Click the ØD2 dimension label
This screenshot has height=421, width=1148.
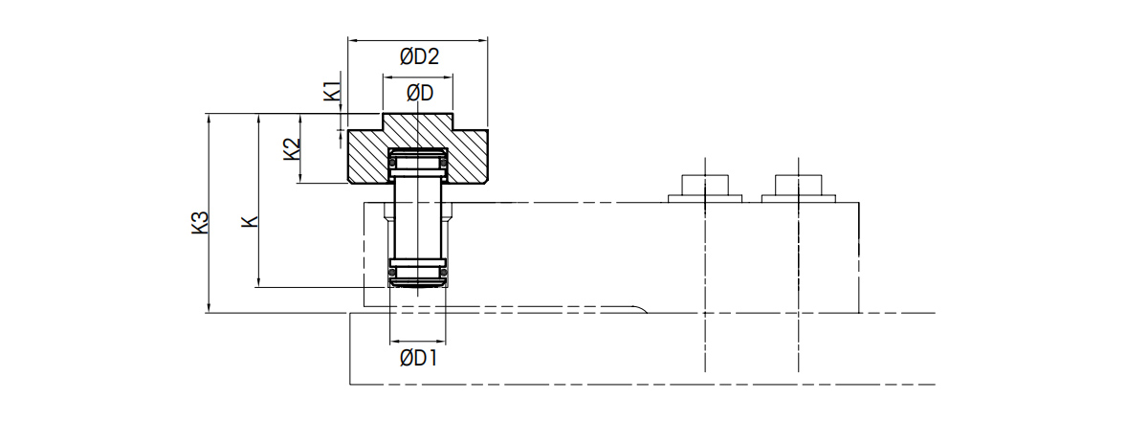pyautogui.click(x=419, y=56)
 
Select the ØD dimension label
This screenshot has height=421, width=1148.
pyautogui.click(x=420, y=93)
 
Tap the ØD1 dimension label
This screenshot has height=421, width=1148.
pyautogui.click(x=418, y=358)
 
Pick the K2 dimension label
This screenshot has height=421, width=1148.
pyautogui.click(x=292, y=148)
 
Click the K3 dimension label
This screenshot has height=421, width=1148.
pyautogui.click(x=200, y=223)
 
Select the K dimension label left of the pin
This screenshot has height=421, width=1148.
pyautogui.click(x=251, y=222)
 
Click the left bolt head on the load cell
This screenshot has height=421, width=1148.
pyautogui.click(x=705, y=185)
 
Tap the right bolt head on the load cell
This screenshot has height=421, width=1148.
pyautogui.click(x=799, y=185)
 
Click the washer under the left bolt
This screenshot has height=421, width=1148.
pyautogui.click(x=705, y=198)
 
